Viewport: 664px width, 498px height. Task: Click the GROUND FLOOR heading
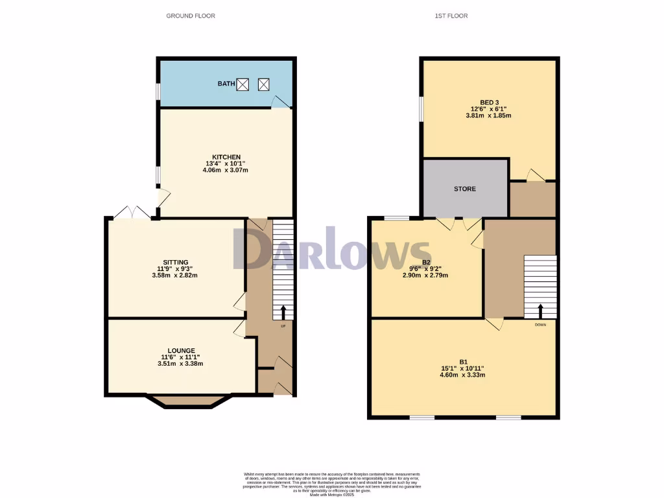(x=191, y=16)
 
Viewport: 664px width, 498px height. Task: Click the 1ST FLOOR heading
(x=451, y=16)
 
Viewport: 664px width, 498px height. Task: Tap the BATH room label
(x=226, y=84)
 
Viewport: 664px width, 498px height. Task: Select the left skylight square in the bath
(x=243, y=84)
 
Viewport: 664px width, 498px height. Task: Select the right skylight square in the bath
(x=264, y=84)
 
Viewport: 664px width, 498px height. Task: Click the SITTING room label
(x=176, y=262)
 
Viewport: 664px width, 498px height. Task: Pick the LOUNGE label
(x=180, y=351)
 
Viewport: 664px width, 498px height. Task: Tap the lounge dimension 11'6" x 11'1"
(x=180, y=357)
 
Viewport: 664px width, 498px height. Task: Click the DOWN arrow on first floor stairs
(x=540, y=311)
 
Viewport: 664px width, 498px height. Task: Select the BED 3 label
(x=489, y=102)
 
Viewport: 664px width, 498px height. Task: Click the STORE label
(x=465, y=189)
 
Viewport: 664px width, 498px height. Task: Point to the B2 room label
(x=427, y=262)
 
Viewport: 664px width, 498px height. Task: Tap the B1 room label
(x=463, y=362)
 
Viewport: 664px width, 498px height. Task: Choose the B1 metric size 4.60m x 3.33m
(x=463, y=375)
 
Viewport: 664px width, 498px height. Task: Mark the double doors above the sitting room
(x=132, y=213)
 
